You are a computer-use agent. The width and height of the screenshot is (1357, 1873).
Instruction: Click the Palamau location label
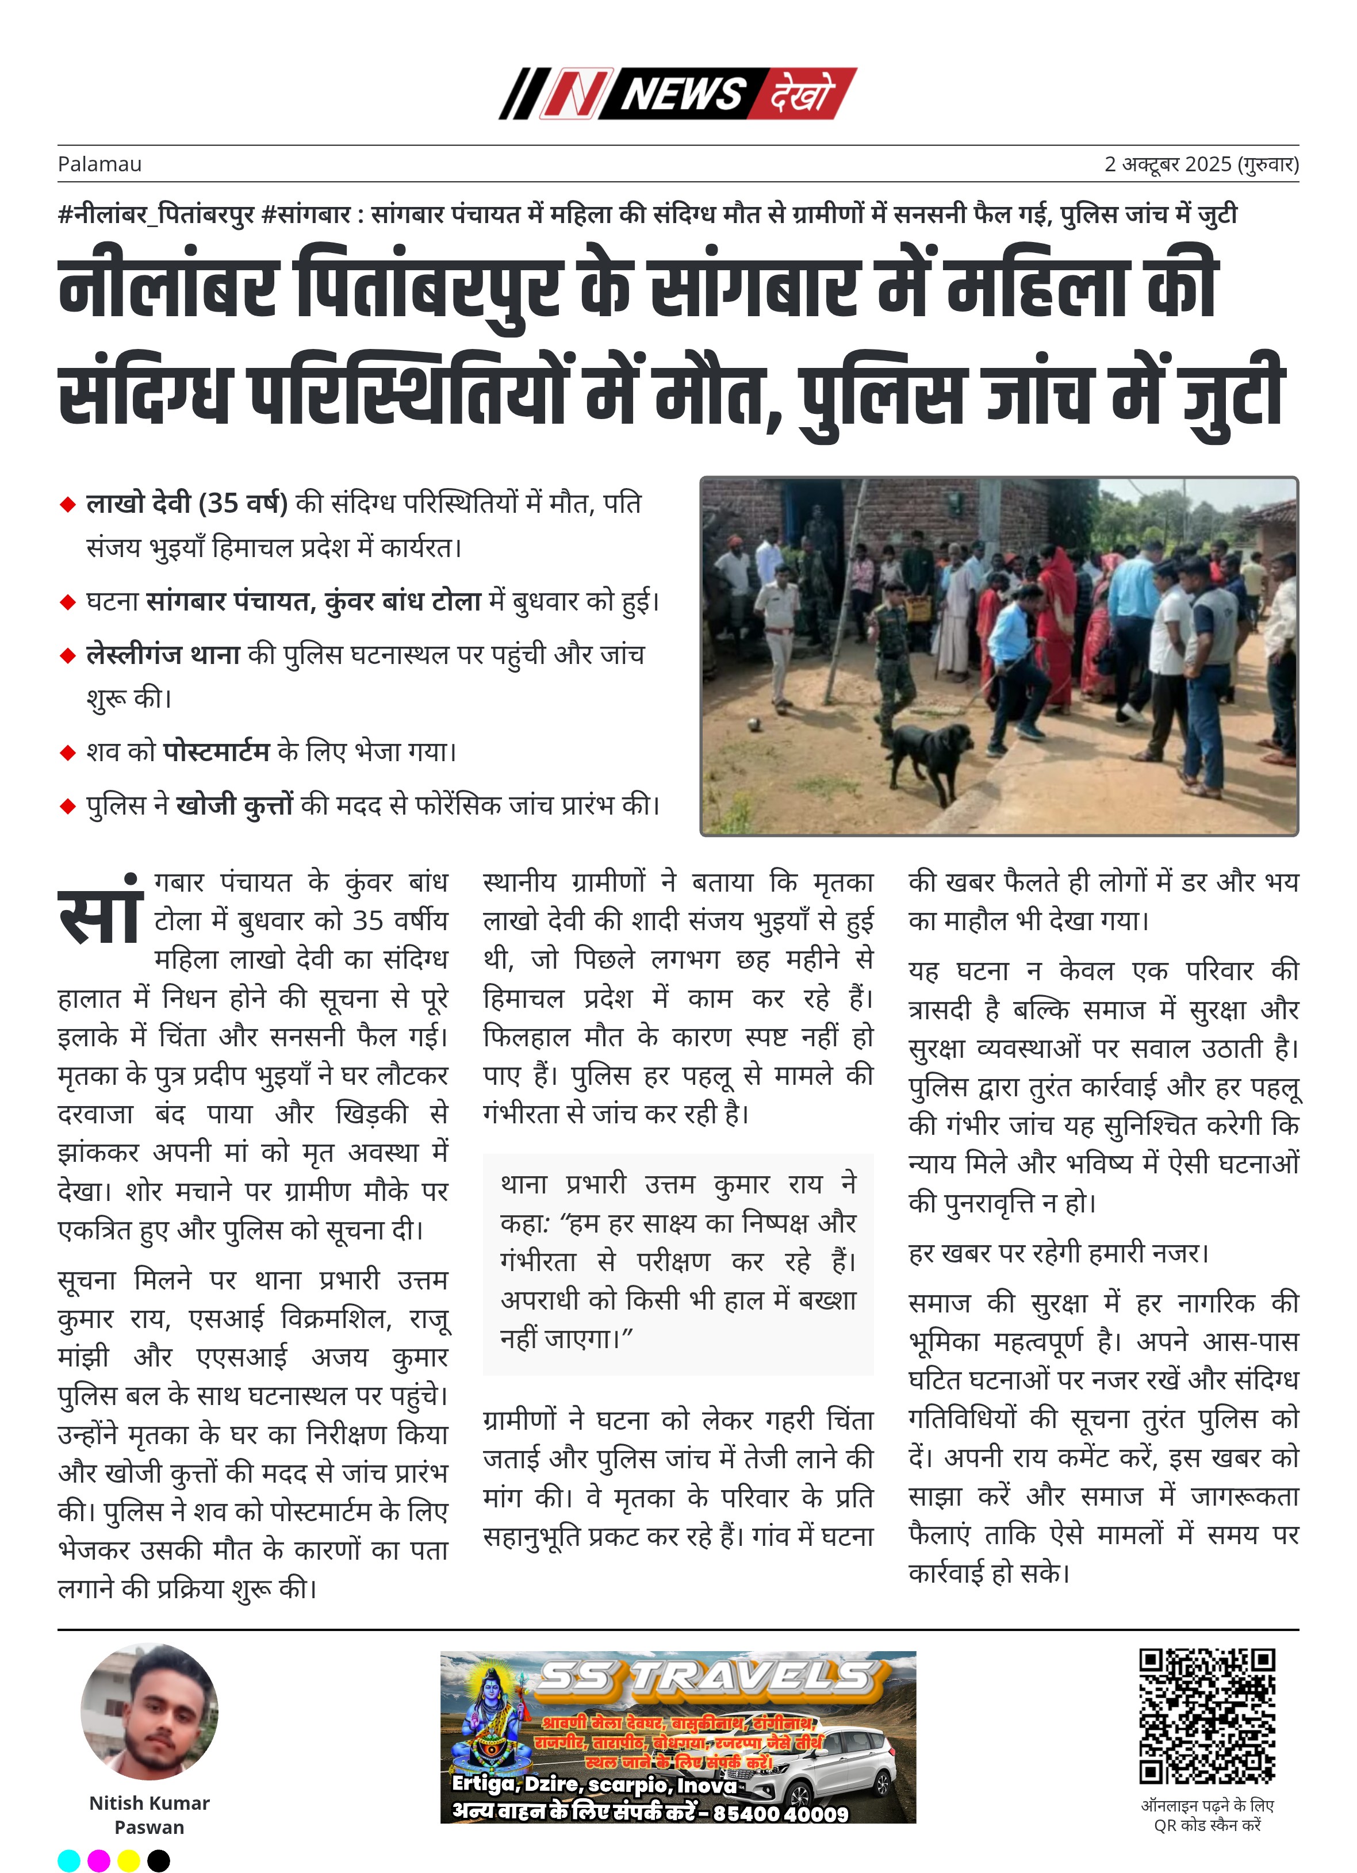(x=99, y=164)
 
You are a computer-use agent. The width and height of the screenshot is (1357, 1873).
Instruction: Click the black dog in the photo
(x=929, y=755)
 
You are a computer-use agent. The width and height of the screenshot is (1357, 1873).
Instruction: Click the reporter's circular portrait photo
(x=149, y=1712)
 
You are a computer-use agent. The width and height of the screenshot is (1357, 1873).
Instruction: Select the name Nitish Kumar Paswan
(x=149, y=1814)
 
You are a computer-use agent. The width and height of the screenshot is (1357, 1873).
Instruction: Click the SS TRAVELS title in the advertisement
(x=706, y=1678)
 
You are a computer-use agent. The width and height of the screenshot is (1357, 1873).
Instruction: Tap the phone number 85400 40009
(x=780, y=1814)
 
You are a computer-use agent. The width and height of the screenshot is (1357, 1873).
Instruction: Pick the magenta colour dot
(x=99, y=1860)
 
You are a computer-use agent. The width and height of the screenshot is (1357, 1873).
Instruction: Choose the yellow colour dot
(x=129, y=1860)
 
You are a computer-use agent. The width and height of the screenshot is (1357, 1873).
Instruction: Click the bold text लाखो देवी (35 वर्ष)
(x=187, y=503)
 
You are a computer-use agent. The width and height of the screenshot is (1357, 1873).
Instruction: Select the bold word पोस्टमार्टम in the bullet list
(x=216, y=751)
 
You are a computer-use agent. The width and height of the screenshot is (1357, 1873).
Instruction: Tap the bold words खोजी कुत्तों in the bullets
(x=235, y=804)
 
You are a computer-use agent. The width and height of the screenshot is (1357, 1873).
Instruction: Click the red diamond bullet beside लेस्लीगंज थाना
(x=68, y=656)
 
